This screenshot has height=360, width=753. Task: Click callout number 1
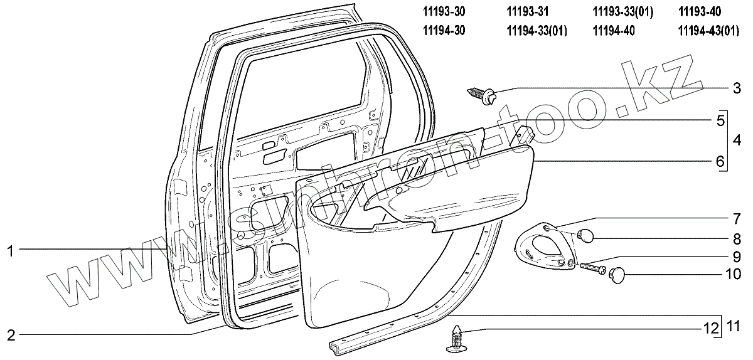[10, 251]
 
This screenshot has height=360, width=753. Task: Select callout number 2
[10, 334]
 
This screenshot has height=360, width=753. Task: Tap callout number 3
[737, 88]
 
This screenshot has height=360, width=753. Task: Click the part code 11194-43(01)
[708, 30]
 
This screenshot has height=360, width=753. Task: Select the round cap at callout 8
[585, 236]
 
